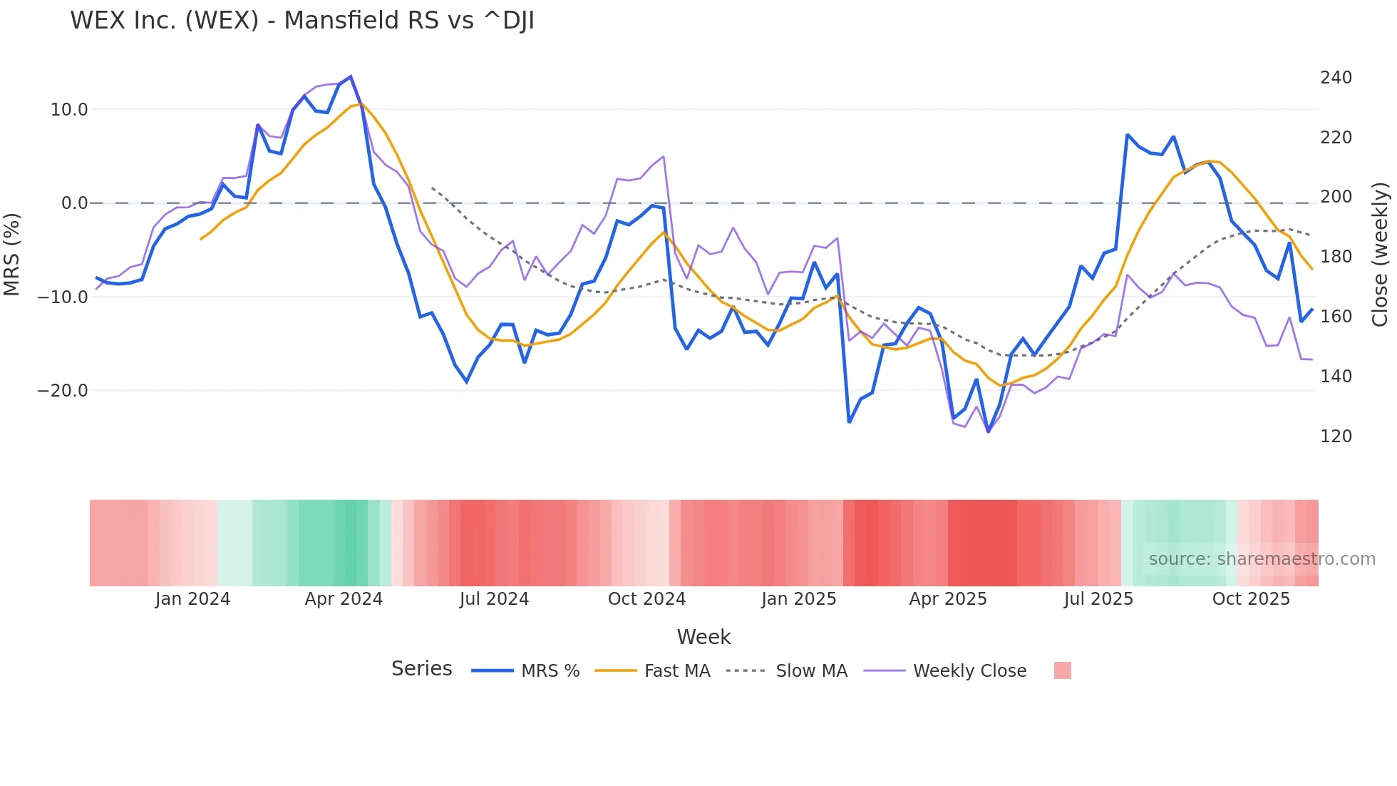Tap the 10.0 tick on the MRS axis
[69, 110]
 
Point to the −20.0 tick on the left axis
[63, 391]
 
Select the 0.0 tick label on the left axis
[74, 203]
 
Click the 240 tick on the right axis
[1336, 78]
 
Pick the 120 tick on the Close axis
[1336, 437]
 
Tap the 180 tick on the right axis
[1336, 257]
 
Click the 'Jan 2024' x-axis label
[192, 599]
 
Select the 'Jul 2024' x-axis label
[494, 599]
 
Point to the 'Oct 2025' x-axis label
[1251, 599]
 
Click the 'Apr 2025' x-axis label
[948, 599]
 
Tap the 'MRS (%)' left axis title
[12, 255]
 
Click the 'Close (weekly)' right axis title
[1381, 255]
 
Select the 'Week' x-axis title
[703, 637]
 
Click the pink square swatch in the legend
[1062, 671]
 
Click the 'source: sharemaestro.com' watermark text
[1262, 559]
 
